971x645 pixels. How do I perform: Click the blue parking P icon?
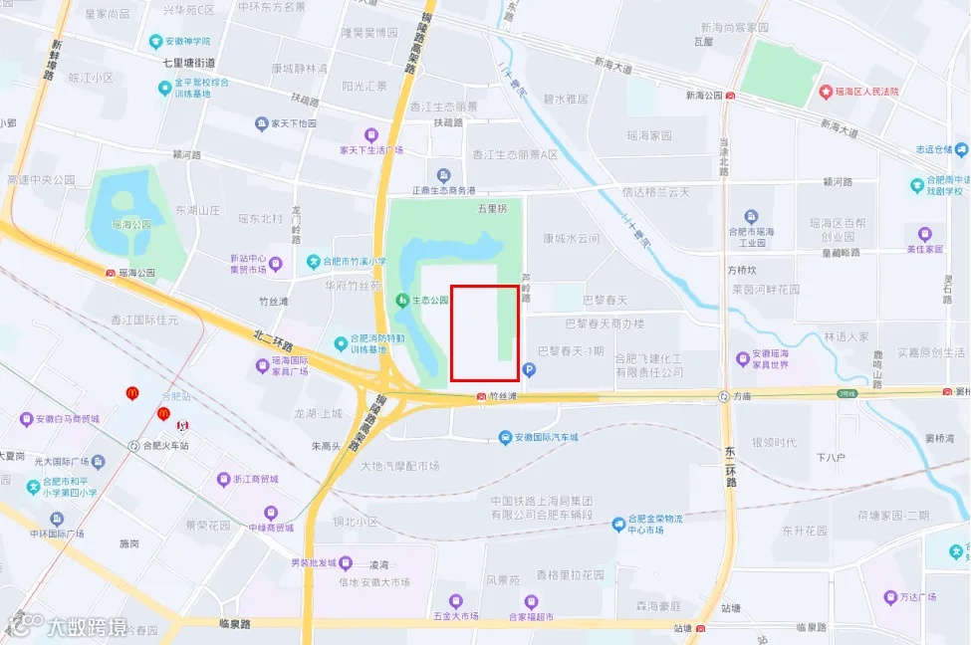tap(529, 370)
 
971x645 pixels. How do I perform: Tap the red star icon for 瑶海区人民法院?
tap(826, 92)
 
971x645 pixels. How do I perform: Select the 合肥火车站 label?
tap(165, 446)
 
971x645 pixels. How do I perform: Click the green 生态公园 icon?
tap(402, 300)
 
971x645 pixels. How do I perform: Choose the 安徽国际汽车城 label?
tap(544, 437)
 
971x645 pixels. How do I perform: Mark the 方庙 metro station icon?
tap(724, 396)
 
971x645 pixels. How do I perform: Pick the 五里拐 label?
tap(492, 210)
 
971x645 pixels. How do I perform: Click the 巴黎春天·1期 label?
tap(571, 350)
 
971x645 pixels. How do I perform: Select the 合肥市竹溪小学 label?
tap(353, 262)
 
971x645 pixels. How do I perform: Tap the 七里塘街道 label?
tap(197, 62)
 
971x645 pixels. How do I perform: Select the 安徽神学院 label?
tap(187, 41)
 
